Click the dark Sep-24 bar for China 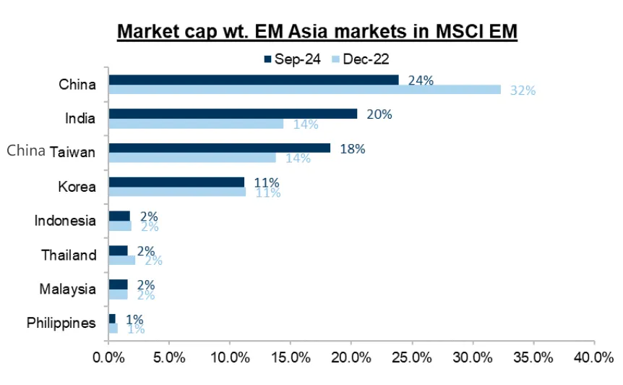point(253,80)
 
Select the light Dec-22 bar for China point(304,90)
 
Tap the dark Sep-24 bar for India point(232,114)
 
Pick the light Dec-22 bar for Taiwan point(192,157)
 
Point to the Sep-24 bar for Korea point(176,182)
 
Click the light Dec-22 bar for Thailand point(121,260)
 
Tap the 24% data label point(420,80)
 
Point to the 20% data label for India point(379,114)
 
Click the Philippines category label point(61,323)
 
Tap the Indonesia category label point(65,220)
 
